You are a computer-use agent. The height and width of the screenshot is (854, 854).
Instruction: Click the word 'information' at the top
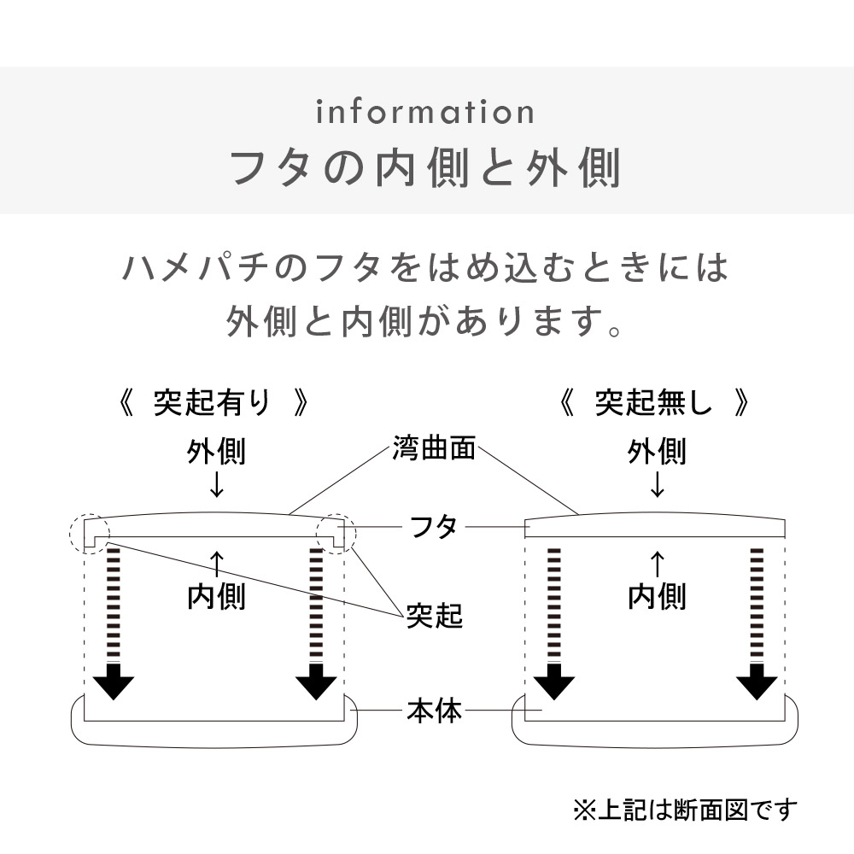(x=425, y=112)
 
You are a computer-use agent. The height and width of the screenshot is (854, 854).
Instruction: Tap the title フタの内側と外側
(x=425, y=168)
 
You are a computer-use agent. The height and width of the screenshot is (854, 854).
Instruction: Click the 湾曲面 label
(x=434, y=447)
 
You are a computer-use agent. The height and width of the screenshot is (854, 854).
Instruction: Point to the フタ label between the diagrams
(x=434, y=527)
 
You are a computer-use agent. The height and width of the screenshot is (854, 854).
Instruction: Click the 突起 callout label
(x=434, y=615)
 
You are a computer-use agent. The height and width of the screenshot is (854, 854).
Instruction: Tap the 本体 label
(x=434, y=711)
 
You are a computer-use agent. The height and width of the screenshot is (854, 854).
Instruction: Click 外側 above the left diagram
(x=216, y=452)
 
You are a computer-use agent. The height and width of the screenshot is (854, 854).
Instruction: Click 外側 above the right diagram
(x=657, y=452)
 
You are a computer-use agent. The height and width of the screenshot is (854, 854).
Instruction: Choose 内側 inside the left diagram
(x=216, y=596)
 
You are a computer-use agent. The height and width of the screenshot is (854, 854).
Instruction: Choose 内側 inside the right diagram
(x=657, y=596)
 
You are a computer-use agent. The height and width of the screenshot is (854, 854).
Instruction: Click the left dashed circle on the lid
(x=89, y=534)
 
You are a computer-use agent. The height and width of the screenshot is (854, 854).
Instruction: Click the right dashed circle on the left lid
(x=336, y=534)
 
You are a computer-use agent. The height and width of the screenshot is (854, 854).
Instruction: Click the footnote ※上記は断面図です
(x=685, y=808)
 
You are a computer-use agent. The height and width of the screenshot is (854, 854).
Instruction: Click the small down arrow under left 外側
(x=216, y=484)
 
